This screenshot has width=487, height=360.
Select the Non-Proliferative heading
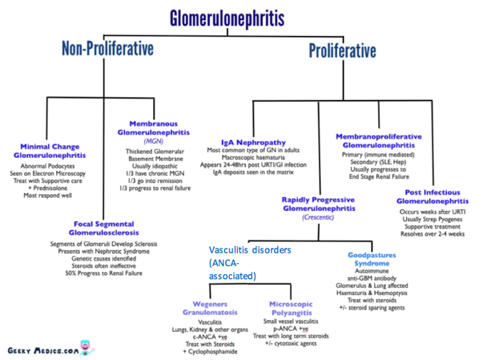tap(107, 50)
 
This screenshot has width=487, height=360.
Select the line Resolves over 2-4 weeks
tap(434, 233)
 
